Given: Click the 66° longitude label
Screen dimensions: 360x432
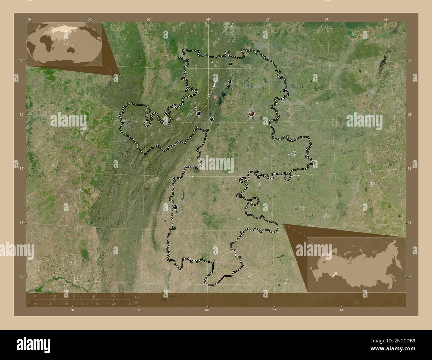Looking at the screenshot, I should (x=386, y=19).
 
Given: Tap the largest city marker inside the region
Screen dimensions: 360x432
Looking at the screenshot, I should (x=252, y=114).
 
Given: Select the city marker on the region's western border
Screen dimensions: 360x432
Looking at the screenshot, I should (x=175, y=207).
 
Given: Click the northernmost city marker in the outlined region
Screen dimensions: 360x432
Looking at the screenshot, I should (x=230, y=64).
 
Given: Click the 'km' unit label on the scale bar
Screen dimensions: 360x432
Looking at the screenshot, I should (x=137, y=297).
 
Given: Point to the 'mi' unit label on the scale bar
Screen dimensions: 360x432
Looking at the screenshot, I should (x=136, y=303).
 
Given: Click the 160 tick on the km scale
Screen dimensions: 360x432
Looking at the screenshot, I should (x=113, y=296).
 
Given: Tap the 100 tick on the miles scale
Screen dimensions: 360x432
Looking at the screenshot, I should (x=113, y=304).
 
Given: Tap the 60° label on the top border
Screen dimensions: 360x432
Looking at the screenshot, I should (x=208, y=19).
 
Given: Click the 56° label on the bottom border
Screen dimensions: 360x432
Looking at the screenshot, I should (x=72, y=310).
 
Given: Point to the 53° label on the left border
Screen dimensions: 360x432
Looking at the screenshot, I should (x=21, y=223).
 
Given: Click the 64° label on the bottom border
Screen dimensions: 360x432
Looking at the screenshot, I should (x=342, y=310).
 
